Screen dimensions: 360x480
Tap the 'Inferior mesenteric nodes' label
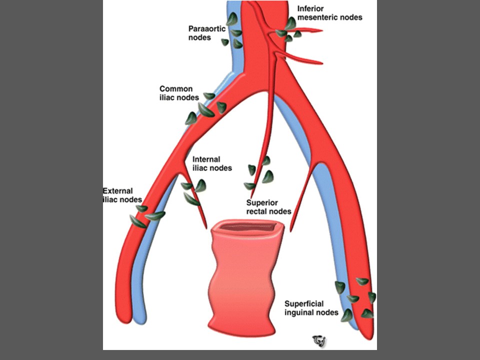click(x=329, y=13)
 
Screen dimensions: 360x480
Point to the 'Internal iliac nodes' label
click(x=212, y=164)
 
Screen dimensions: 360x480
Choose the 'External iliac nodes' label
click(x=118, y=195)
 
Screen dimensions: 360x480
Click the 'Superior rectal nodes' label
click(x=268, y=207)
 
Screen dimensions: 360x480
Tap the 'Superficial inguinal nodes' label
click(x=310, y=308)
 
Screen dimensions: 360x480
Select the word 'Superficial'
click(x=304, y=304)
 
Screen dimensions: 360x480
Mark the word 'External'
click(x=117, y=191)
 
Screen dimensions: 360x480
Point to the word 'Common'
click(x=176, y=89)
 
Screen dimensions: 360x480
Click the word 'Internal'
click(x=205, y=160)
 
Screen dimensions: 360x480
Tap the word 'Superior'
click(x=262, y=203)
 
